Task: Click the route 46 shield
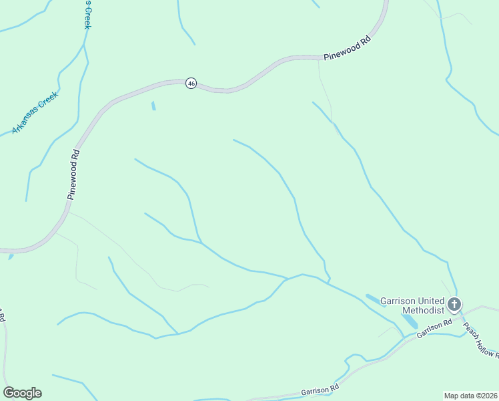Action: point(191,84)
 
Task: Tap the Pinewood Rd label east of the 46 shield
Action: point(347,49)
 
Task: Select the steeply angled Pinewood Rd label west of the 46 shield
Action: point(73,174)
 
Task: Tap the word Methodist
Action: point(422,311)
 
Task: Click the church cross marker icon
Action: point(454,305)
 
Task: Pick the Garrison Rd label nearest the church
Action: point(434,328)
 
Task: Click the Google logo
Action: point(22,393)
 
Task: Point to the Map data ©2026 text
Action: point(470,395)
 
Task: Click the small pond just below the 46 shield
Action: point(153,106)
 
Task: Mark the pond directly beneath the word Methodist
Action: point(410,323)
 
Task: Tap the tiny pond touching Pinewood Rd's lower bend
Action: point(11,256)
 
